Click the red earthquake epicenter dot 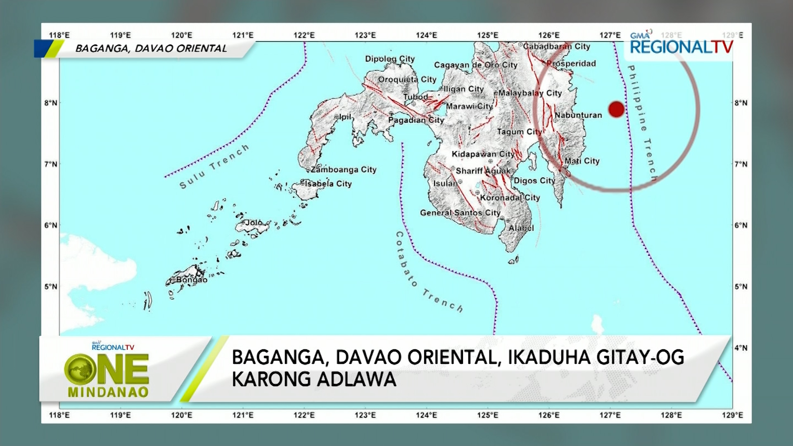[616, 109]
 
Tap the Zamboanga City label [344, 170]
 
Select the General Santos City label [460, 213]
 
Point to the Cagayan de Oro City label [475, 65]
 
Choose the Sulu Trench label [214, 166]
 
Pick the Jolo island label [254, 223]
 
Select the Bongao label [192, 280]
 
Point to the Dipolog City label [389, 59]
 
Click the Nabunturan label [578, 115]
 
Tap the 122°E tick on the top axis [304, 35]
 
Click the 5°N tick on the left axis [51, 287]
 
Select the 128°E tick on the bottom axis [671, 415]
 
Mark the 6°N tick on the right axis [741, 225]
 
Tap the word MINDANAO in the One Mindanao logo [108, 392]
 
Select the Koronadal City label [510, 198]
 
